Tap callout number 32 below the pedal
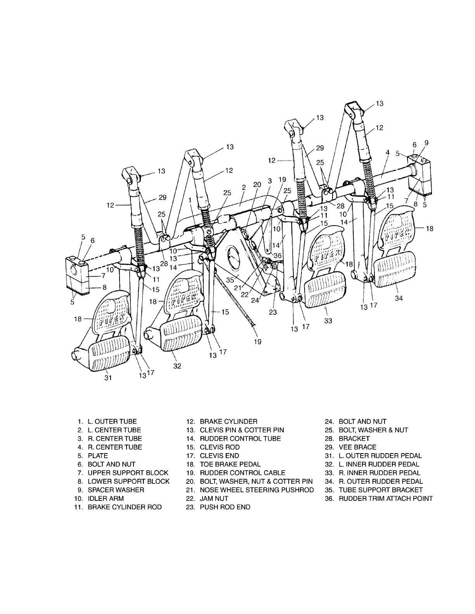[x=177, y=366]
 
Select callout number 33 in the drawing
[x=328, y=321]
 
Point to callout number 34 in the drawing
[x=399, y=298]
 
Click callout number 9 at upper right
[x=426, y=143]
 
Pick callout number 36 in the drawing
[x=277, y=255]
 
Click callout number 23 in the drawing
[x=273, y=312]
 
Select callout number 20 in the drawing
[x=257, y=185]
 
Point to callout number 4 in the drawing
[x=388, y=153]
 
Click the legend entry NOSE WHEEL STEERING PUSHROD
[x=257, y=490]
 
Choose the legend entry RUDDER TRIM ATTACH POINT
[x=385, y=498]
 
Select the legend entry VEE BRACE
[x=357, y=447]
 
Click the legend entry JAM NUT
[x=214, y=498]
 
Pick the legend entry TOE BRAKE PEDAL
[x=230, y=464]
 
